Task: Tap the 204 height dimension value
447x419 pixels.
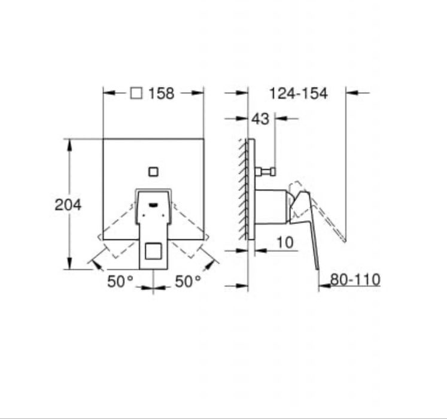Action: pos(68,205)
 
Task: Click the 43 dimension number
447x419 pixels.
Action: pos(261,119)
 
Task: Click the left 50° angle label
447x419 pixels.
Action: pos(120,281)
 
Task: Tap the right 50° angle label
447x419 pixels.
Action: pos(188,281)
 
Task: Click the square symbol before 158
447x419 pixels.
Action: pos(136,93)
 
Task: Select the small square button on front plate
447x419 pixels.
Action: pos(154,171)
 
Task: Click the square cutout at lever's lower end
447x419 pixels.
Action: pos(153,253)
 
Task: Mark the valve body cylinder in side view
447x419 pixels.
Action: pos(272,207)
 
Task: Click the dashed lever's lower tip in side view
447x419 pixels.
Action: pos(344,239)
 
